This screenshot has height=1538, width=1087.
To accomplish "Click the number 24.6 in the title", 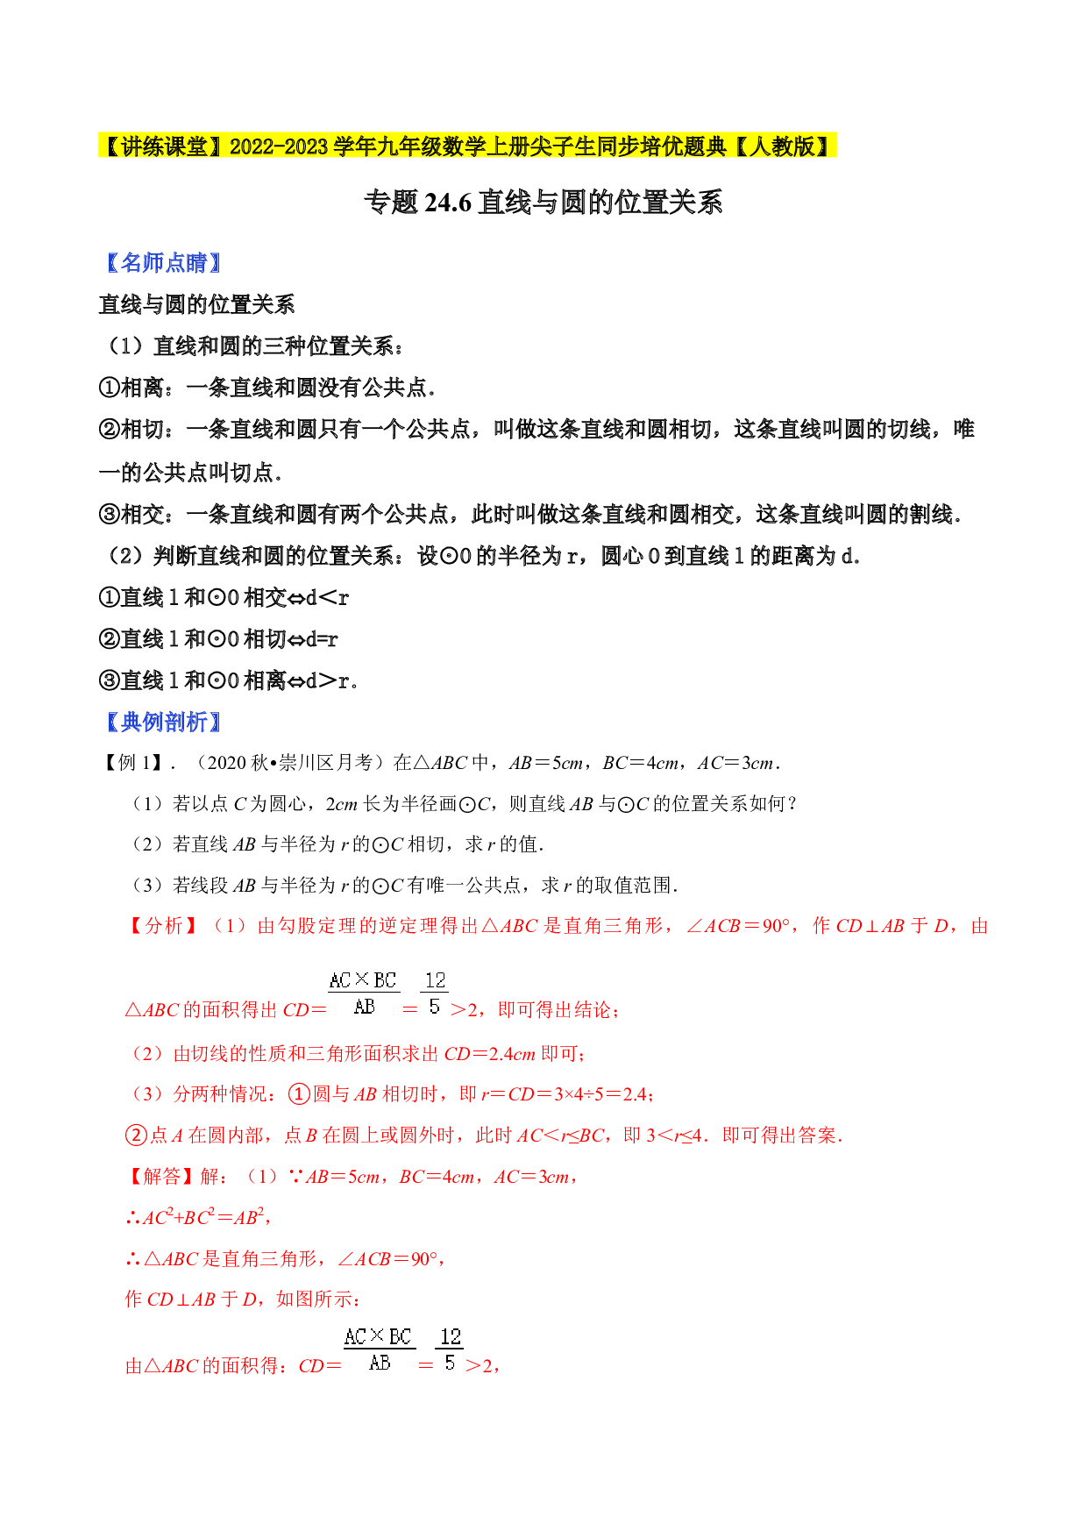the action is click(x=448, y=203).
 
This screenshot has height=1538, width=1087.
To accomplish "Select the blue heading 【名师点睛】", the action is click(x=163, y=263).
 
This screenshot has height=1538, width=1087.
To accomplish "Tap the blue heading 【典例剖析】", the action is click(x=163, y=722).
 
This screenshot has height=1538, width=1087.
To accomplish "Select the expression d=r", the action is click(x=321, y=639).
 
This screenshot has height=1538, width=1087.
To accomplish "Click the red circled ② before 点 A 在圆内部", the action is click(x=136, y=1136).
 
